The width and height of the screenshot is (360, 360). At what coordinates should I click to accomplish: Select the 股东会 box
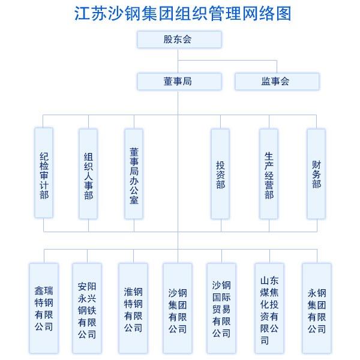click(x=179, y=40)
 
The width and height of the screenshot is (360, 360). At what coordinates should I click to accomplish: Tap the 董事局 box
click(x=179, y=81)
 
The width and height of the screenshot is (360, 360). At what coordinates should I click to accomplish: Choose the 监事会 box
click(x=277, y=81)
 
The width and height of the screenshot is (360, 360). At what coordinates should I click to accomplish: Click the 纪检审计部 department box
click(x=44, y=173)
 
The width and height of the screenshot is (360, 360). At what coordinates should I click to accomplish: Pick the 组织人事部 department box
click(x=88, y=173)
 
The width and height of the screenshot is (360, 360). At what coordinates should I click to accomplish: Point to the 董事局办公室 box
click(x=134, y=173)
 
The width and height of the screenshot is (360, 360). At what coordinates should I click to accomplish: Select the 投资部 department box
click(x=220, y=173)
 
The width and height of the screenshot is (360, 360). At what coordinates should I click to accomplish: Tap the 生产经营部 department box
click(x=269, y=173)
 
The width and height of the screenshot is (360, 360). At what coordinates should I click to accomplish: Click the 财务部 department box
click(x=316, y=173)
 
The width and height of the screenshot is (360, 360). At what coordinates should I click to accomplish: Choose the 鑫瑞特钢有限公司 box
click(x=44, y=307)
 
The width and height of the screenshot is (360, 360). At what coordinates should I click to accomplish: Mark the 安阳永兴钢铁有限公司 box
click(x=87, y=307)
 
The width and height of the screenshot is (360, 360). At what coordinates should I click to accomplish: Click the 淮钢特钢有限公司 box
click(x=133, y=307)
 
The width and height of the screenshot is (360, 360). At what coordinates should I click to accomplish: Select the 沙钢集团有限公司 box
click(x=178, y=307)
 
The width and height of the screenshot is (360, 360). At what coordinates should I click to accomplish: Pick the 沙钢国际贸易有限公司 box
click(x=221, y=307)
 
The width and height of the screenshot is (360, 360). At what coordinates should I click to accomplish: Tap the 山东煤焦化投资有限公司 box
click(x=269, y=307)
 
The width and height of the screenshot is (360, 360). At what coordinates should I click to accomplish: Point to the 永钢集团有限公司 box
click(x=317, y=307)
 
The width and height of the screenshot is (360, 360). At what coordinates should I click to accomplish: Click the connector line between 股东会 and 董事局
click(x=178, y=60)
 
